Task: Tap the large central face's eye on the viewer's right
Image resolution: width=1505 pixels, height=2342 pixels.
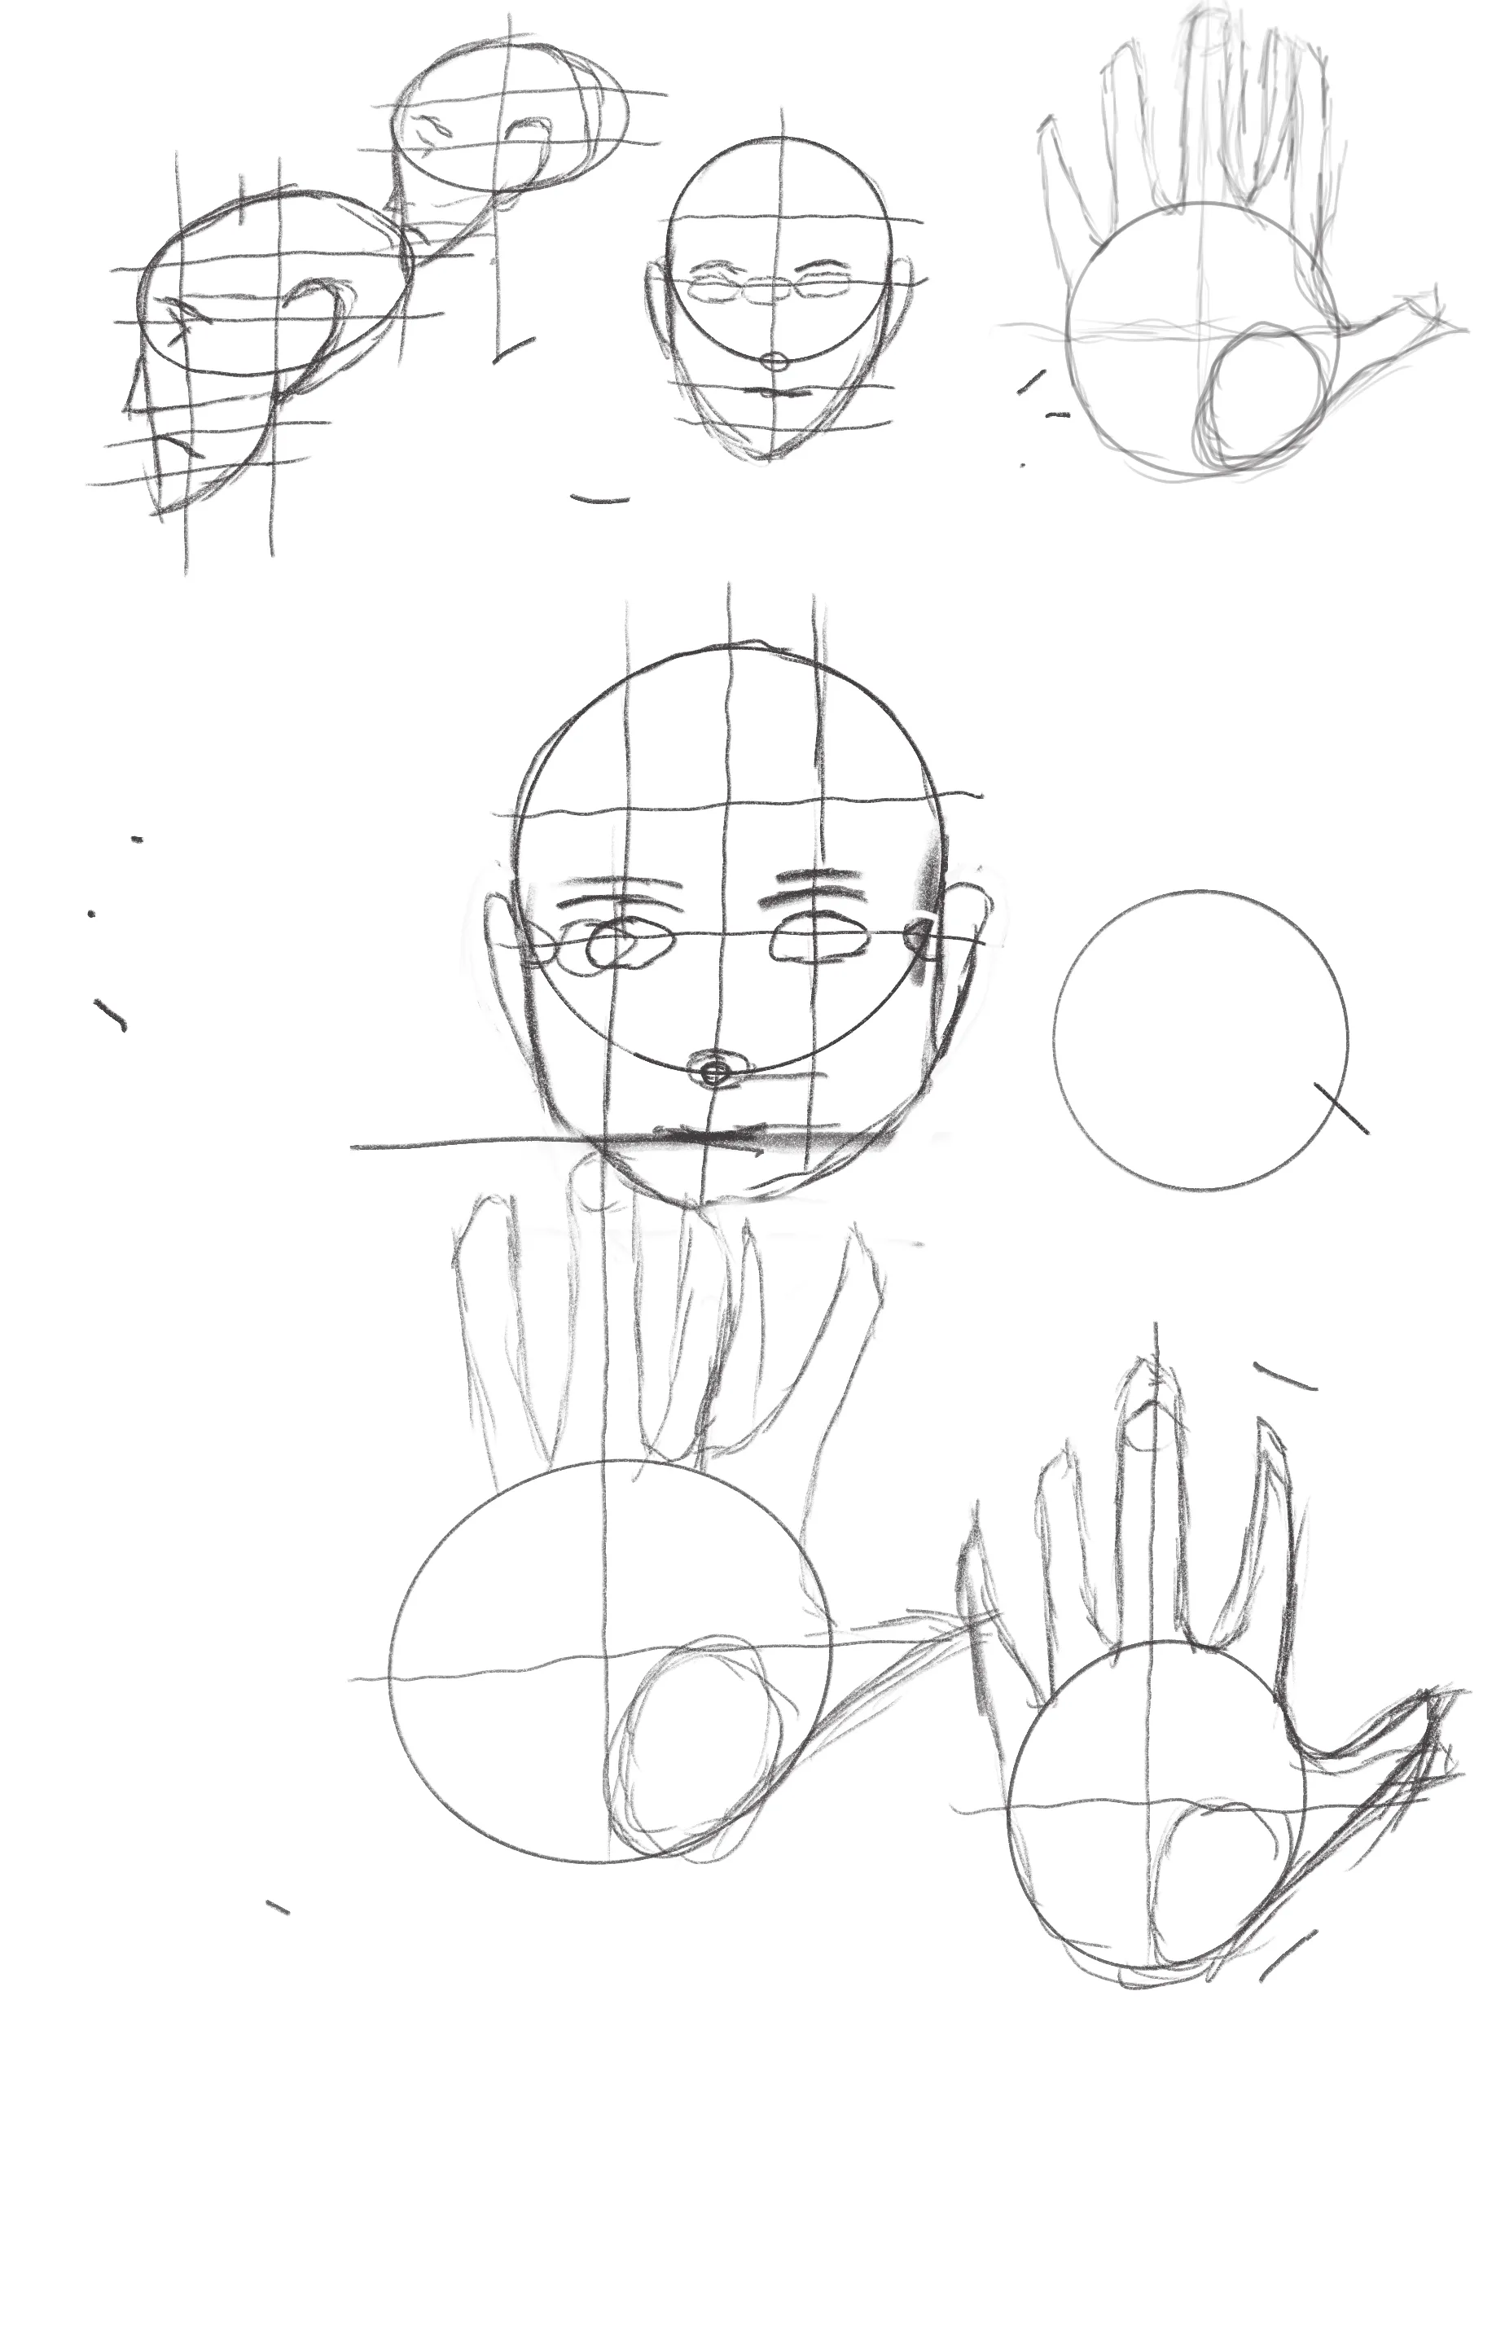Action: [820, 940]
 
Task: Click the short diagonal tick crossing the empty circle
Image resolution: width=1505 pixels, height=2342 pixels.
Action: [1340, 1108]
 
